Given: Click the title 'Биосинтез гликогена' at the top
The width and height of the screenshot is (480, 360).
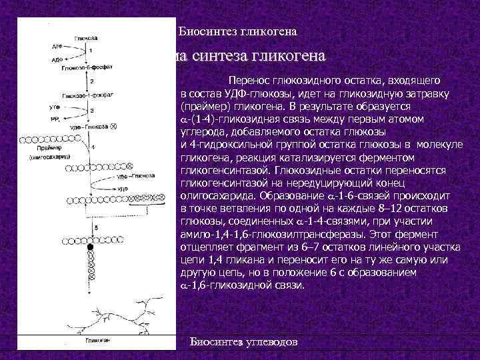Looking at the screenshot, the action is [x=238, y=31].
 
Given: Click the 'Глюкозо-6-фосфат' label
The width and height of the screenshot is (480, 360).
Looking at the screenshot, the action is [x=82, y=69].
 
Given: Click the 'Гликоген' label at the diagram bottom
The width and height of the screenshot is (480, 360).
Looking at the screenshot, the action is [x=97, y=341].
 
